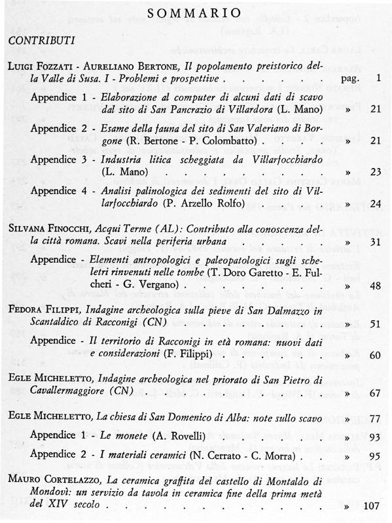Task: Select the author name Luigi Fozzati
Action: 41,67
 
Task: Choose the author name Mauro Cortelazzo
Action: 55,481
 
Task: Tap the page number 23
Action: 375,172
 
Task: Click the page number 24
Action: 375,204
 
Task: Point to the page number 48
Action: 375,286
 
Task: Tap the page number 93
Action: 375,436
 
